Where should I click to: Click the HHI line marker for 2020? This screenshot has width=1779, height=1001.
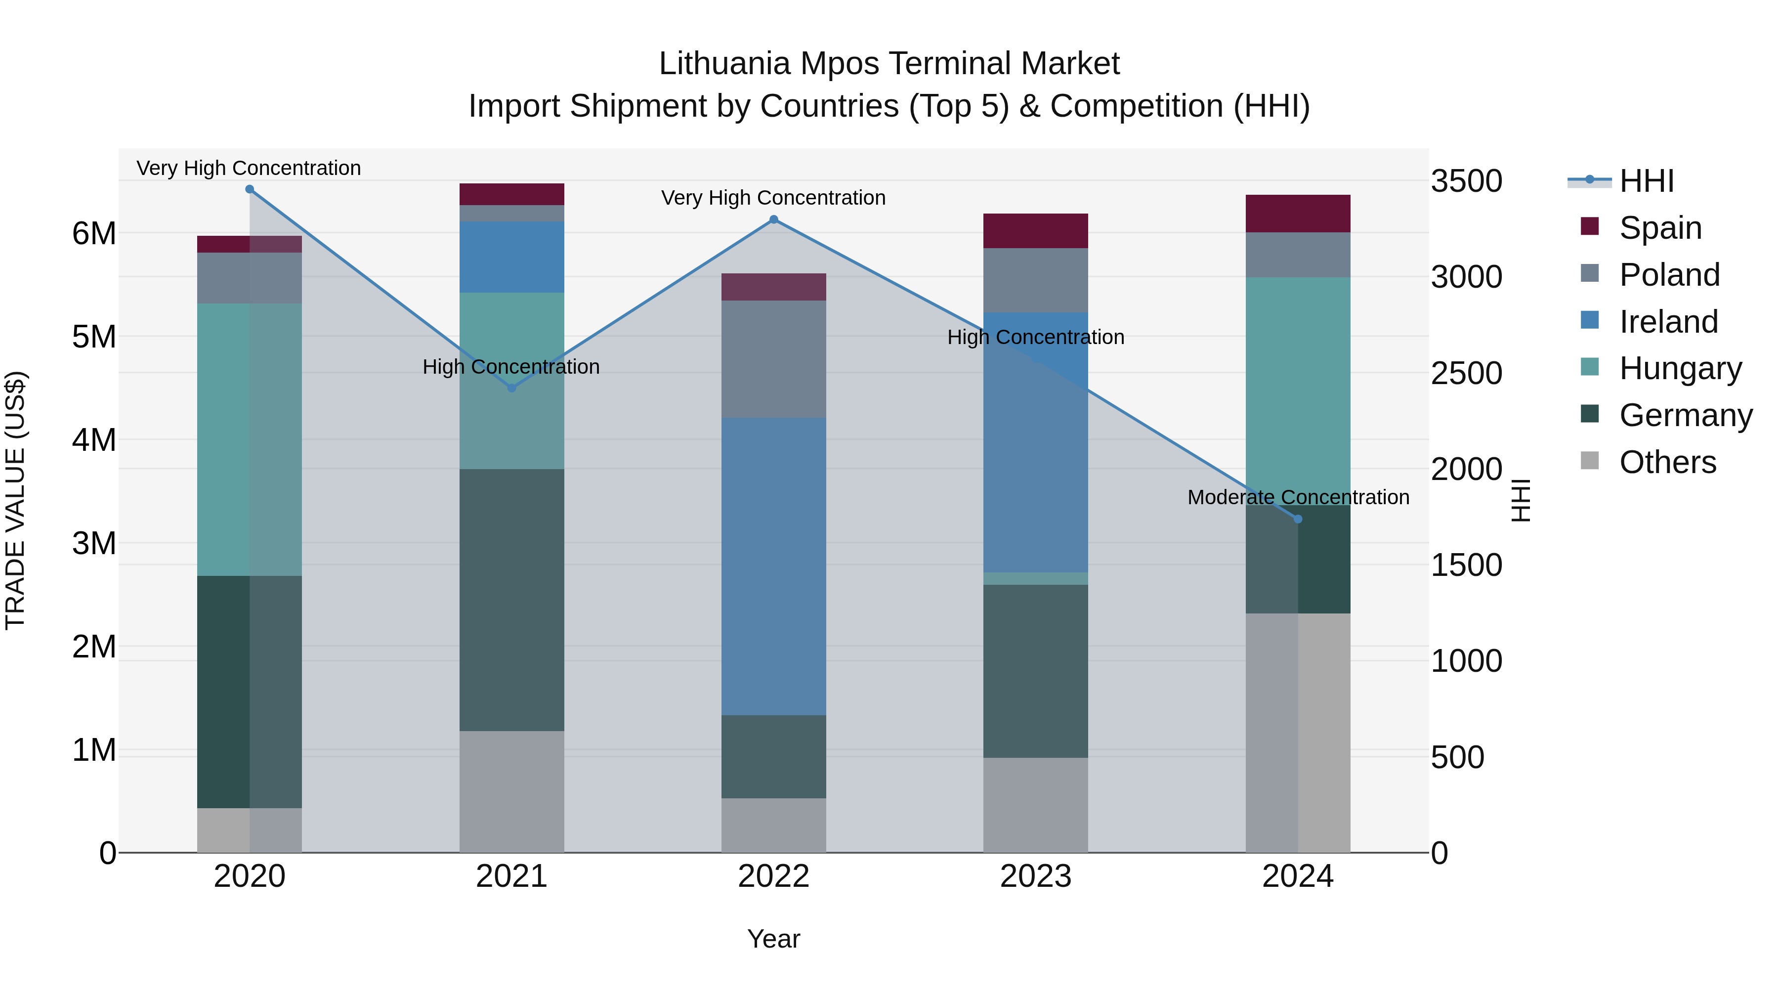point(250,189)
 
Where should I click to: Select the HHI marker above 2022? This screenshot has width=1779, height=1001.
point(773,219)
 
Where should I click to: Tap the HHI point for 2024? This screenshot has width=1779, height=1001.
point(1298,519)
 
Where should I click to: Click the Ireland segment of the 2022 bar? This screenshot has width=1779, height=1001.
point(773,566)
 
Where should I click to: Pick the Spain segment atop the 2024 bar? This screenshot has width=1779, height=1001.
point(1298,214)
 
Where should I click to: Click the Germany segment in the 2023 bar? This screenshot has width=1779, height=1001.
point(1035,671)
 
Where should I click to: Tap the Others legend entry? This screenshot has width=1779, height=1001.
point(1667,462)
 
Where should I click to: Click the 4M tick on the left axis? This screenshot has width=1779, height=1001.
point(94,440)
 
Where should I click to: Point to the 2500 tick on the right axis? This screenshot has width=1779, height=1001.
point(1466,373)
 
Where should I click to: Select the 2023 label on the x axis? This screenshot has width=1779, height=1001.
point(1035,876)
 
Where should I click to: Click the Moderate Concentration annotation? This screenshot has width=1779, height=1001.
point(1298,497)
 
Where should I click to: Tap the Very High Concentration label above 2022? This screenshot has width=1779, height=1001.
point(773,198)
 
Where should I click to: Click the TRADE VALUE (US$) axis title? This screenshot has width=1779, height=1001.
point(15,500)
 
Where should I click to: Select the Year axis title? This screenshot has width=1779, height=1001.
point(773,939)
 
